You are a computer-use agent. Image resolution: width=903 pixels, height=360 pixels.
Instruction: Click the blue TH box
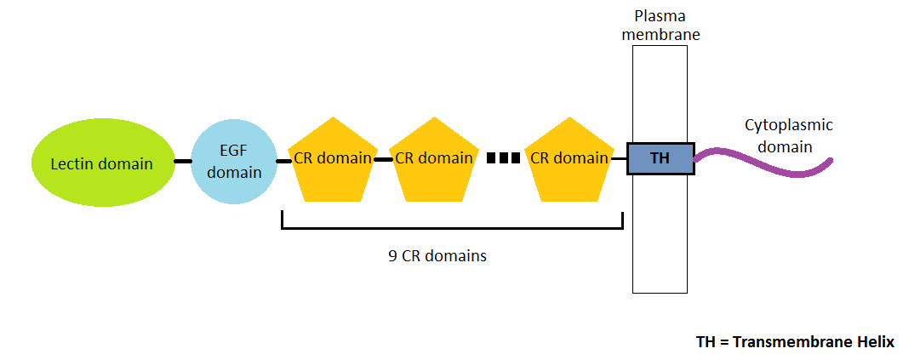[660, 159]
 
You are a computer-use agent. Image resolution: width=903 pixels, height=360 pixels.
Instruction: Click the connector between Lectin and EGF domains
[182, 160]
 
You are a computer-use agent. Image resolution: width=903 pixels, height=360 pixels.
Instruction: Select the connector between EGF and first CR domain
[283, 160]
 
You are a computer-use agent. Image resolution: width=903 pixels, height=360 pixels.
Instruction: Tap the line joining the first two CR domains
[383, 159]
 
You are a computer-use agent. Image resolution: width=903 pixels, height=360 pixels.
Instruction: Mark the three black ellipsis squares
[503, 157]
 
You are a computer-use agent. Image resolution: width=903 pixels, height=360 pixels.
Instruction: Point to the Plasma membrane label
[660, 25]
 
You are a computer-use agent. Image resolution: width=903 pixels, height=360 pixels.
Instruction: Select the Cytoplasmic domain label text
[788, 135]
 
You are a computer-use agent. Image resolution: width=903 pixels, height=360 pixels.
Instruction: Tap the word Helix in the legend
[873, 342]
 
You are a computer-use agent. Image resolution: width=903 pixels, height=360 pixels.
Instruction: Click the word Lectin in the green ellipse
[71, 164]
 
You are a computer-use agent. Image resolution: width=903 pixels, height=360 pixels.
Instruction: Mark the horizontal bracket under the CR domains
[452, 227]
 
